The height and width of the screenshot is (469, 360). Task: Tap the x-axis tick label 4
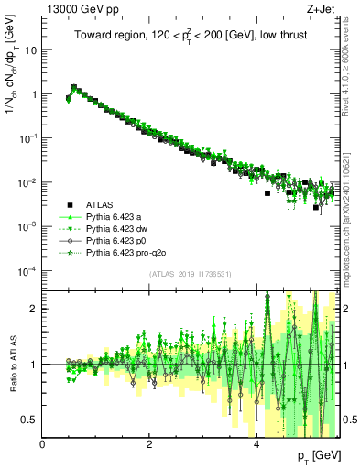coord(256,444)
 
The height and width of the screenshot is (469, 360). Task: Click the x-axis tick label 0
coord(43,444)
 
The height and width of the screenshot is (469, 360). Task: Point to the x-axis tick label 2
coord(150,444)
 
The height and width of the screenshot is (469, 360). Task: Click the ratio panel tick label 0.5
coord(30,420)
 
